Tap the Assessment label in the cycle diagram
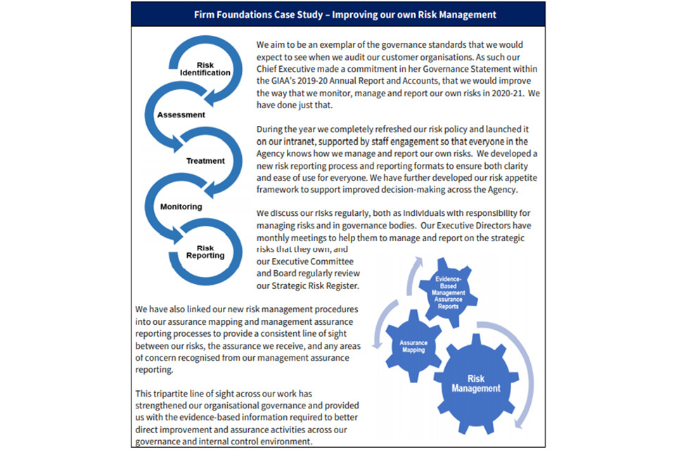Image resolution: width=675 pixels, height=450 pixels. [181, 115]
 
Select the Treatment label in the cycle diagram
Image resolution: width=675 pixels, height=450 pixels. [205, 161]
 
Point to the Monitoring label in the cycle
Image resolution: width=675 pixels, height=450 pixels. [181, 207]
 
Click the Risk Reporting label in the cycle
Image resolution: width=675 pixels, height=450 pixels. [205, 252]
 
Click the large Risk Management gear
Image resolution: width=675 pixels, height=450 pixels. [476, 383]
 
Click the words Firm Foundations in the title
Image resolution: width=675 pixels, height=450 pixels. [229, 14]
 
